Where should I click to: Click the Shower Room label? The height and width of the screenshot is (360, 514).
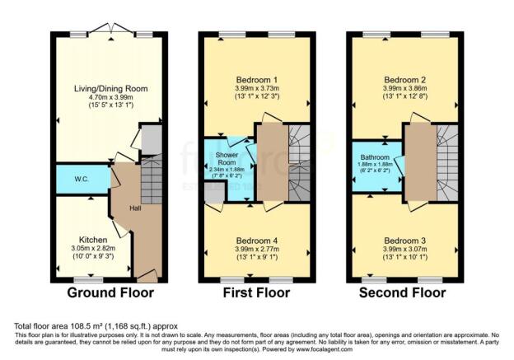pyautogui.click(x=227, y=159)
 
